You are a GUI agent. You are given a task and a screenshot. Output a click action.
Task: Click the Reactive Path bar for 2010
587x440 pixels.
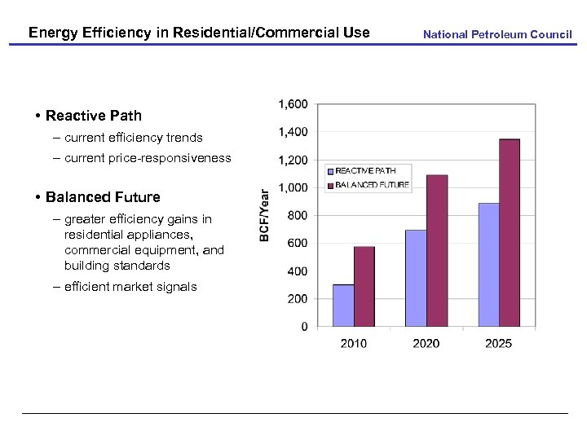click(x=343, y=306)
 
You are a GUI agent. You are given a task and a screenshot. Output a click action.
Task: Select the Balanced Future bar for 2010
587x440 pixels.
click(x=364, y=286)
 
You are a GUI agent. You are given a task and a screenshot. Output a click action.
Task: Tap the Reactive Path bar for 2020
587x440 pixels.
click(x=416, y=278)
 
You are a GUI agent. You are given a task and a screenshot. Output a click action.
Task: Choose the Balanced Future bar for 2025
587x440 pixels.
click(x=510, y=233)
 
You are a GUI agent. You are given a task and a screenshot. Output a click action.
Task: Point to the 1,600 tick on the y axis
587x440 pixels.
click(x=293, y=104)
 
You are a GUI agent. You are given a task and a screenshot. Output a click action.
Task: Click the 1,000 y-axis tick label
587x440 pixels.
click(x=293, y=187)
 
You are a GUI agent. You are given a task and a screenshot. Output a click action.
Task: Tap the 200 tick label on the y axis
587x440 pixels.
click(x=297, y=299)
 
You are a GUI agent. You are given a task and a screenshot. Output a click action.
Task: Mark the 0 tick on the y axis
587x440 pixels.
click(x=304, y=327)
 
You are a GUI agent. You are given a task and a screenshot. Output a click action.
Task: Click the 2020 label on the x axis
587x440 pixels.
click(x=426, y=343)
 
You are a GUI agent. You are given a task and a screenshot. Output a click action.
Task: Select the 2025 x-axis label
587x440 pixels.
click(x=498, y=343)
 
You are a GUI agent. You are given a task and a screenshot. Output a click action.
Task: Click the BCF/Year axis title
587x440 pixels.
click(x=264, y=215)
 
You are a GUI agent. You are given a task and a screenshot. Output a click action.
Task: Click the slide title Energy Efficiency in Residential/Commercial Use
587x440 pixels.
click(x=199, y=33)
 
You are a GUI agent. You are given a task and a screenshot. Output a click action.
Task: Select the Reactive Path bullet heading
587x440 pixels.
click(x=93, y=116)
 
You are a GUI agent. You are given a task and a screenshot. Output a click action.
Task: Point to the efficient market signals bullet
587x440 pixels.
click(x=130, y=287)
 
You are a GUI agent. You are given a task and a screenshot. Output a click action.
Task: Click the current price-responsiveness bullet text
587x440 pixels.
click(x=148, y=158)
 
